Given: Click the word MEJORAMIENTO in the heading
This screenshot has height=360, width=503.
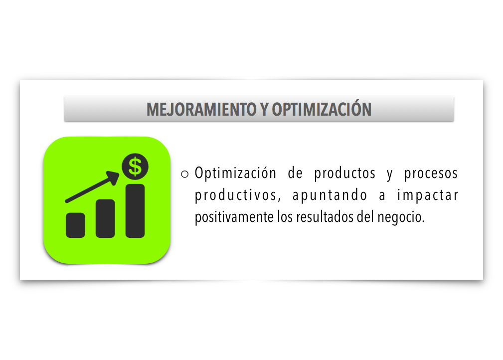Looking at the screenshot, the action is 201,110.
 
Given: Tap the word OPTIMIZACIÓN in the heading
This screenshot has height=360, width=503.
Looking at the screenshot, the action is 322,109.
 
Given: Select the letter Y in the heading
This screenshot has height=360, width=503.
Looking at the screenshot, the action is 264,110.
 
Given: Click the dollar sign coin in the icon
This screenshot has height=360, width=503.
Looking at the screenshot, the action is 135,167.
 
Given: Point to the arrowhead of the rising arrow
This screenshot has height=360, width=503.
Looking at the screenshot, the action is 113,178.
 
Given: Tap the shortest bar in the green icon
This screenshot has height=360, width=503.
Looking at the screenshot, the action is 75,225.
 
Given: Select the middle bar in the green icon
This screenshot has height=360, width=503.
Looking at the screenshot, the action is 105,218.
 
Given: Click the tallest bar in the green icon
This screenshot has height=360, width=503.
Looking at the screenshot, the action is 135,211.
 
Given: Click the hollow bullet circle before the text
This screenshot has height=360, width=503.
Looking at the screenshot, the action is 185,174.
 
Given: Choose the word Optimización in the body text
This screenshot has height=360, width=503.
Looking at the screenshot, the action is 235,173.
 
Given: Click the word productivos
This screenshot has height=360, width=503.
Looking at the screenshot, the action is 238,196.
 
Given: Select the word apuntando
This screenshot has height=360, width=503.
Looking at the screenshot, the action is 330,196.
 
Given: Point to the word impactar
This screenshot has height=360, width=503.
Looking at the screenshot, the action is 428,196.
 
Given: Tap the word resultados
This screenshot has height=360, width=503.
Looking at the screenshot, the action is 325,217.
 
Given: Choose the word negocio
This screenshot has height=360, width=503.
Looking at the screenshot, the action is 401,218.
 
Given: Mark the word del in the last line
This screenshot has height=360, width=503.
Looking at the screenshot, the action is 365,217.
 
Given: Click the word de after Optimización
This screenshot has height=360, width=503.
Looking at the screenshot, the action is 295,174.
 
